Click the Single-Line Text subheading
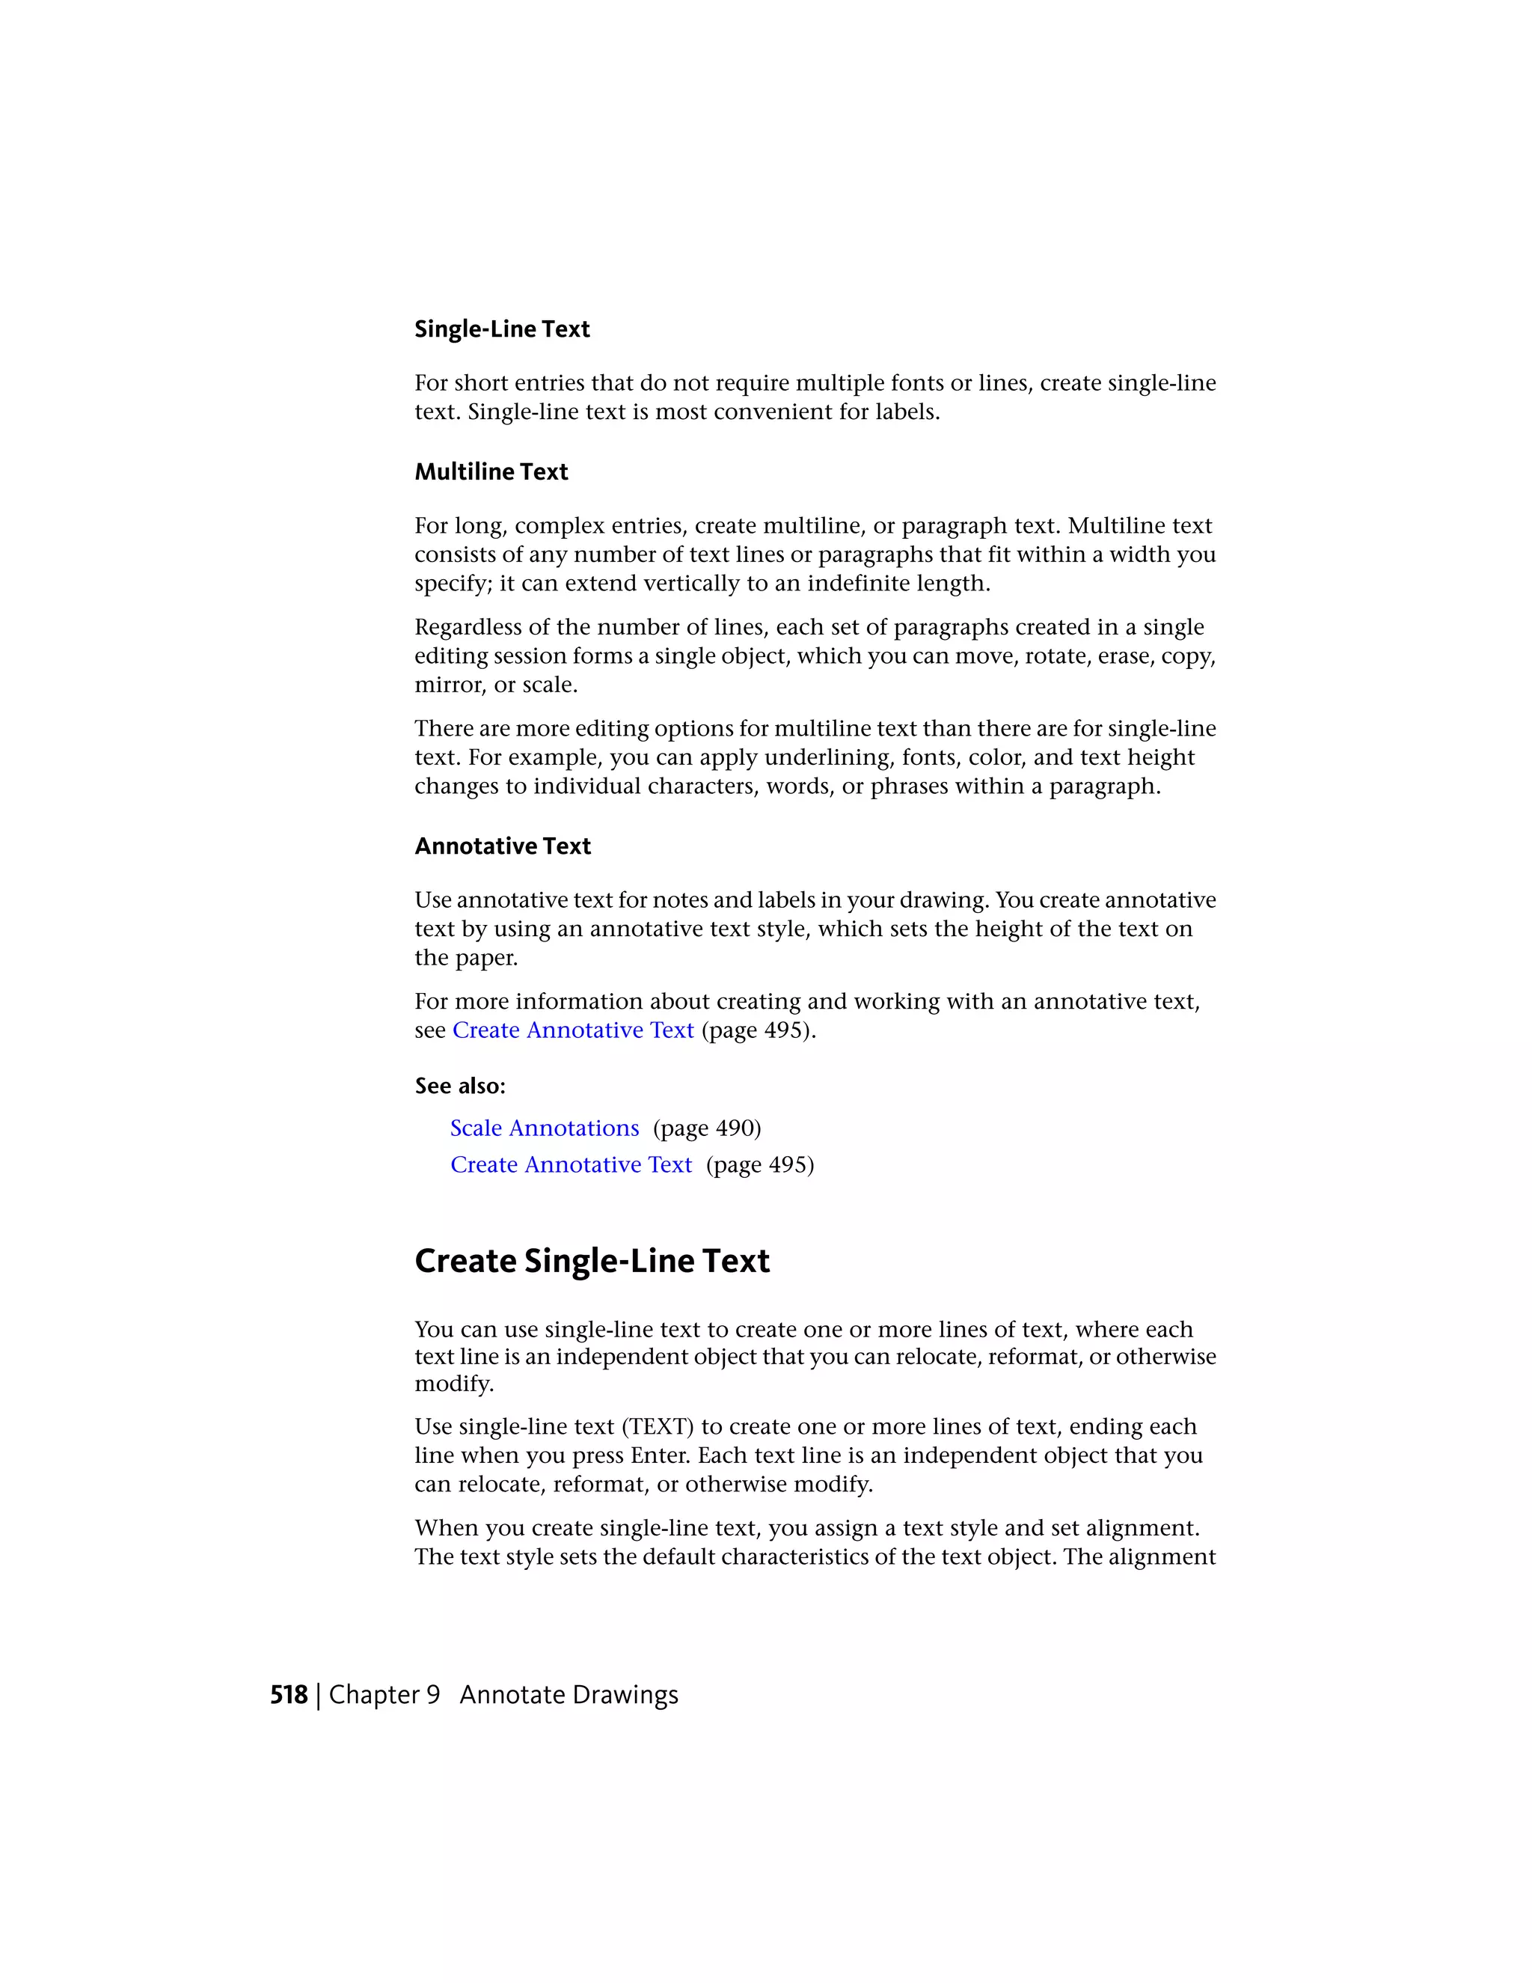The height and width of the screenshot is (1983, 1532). pos(502,329)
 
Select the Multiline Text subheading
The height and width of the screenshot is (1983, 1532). pos(491,472)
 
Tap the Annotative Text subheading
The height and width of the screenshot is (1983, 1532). pos(502,846)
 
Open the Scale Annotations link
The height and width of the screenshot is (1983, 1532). pos(545,1128)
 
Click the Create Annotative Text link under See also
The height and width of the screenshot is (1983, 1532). pos(571,1165)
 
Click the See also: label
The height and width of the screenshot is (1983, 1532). pos(460,1086)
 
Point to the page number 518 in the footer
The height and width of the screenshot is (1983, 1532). pos(289,1695)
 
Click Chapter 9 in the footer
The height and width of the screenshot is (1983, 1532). pos(384,1695)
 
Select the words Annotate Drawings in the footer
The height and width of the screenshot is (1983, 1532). pos(569,1695)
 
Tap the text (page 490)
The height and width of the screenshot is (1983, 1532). pos(707,1128)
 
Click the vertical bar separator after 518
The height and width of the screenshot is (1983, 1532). pos(318,1695)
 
